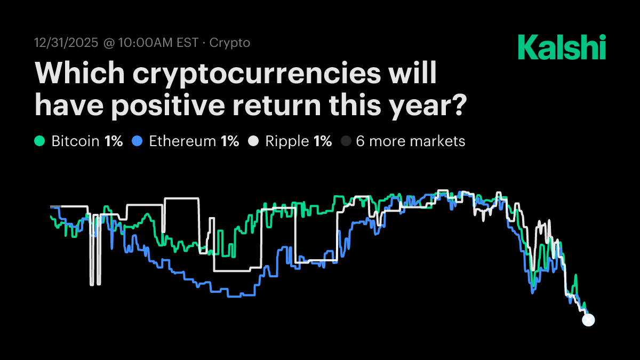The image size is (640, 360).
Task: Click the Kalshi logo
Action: coord(562,47)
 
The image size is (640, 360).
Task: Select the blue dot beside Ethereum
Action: coord(137,141)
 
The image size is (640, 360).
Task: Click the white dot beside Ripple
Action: coord(253,141)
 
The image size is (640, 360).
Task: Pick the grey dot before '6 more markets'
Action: coord(346,141)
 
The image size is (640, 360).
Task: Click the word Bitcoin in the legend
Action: coord(75,141)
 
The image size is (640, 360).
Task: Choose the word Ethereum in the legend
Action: coord(182,141)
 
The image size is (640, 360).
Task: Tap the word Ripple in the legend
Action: coord(287,141)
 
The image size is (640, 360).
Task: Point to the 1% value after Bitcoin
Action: coord(114,141)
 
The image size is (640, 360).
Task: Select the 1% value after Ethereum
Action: coord(230,141)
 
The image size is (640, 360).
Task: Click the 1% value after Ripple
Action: coord(323,141)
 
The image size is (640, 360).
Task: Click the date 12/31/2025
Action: coord(66,43)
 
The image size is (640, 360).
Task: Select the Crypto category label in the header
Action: coord(229,43)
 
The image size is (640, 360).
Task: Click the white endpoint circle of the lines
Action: coord(588,320)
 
